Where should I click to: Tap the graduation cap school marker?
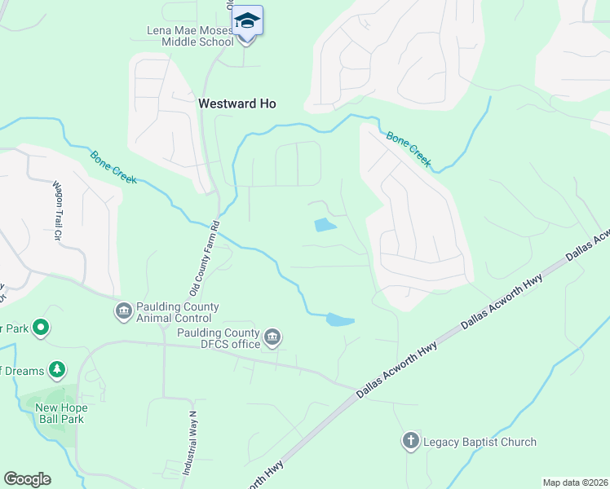pos(247,20)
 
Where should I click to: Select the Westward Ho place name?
pos(237,104)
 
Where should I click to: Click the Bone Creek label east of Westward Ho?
pos(408,149)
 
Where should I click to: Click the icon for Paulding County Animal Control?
pos(123,311)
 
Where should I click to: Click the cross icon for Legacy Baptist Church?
pos(410,442)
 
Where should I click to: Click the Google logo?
pos(27,479)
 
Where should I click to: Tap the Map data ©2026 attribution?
pos(575,482)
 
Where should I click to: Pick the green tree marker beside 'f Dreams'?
pos(57,370)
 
